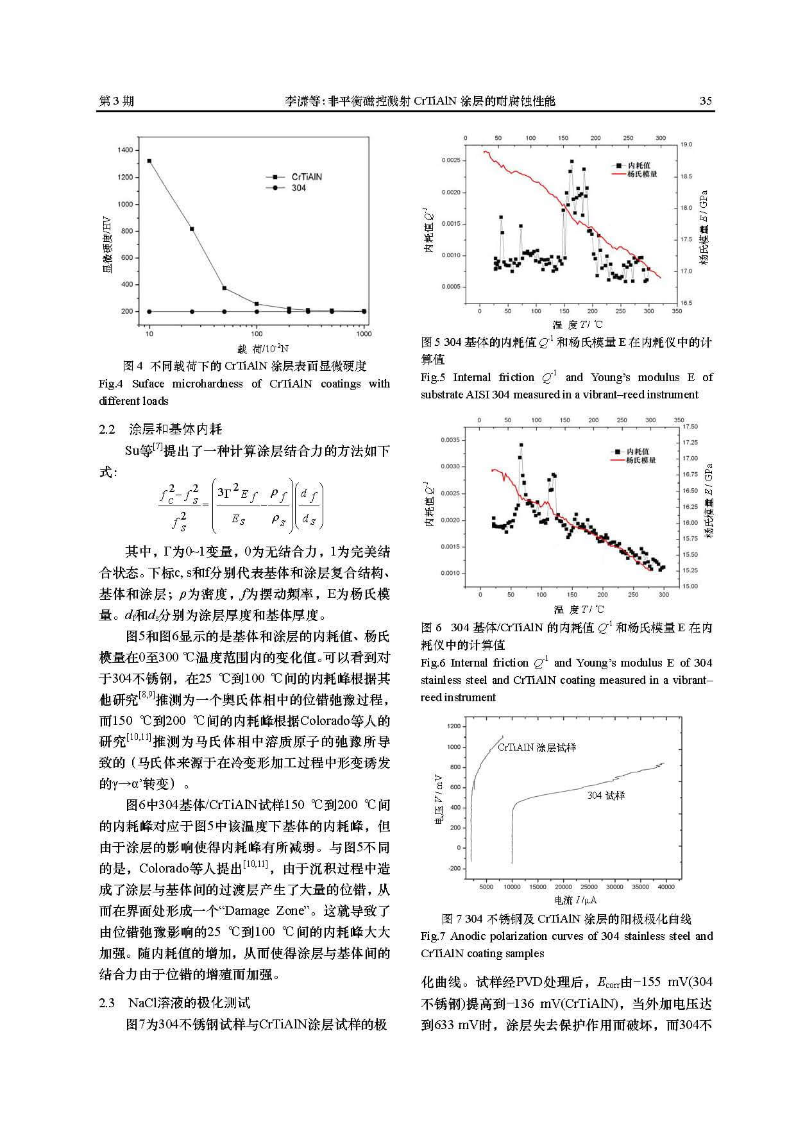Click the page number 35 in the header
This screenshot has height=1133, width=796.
click(706, 101)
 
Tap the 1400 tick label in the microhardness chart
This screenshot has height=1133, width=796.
click(126, 150)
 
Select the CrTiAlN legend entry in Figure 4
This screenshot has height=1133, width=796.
click(307, 176)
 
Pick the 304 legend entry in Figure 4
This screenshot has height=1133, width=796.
click(299, 188)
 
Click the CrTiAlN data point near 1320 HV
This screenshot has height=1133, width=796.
click(149, 161)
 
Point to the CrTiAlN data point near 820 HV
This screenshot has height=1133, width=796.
click(192, 229)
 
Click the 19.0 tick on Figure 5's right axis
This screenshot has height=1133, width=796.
click(686, 145)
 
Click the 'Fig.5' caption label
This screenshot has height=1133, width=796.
click(433, 377)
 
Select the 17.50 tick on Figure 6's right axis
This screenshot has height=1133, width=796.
click(690, 427)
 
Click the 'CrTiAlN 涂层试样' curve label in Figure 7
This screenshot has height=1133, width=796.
click(537, 747)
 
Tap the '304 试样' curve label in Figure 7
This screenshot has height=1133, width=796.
click(605, 796)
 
